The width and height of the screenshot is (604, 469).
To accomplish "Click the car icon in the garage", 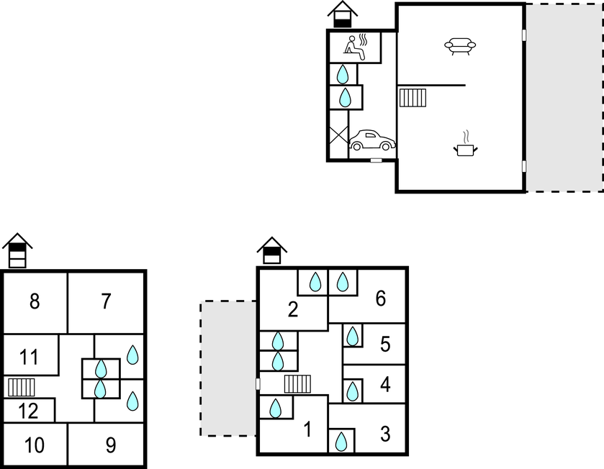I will [x=372, y=140].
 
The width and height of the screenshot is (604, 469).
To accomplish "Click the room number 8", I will [x=35, y=301].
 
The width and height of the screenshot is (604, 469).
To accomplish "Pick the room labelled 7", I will [x=106, y=301].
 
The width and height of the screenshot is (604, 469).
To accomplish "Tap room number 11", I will [x=29, y=356].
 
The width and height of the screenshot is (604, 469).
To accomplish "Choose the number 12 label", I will [x=28, y=412].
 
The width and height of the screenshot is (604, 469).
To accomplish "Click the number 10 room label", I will [x=34, y=445].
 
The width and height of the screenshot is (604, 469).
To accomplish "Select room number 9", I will [x=110, y=445].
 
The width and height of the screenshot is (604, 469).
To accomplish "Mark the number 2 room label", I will [x=292, y=310].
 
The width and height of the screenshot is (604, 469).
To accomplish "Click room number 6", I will [x=381, y=298].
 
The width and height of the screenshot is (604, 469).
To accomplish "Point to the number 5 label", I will [x=385, y=345].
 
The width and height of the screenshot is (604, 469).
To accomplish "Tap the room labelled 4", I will [x=385, y=385].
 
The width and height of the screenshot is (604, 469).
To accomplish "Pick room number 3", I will [x=385, y=434].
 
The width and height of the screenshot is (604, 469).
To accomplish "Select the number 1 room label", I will [x=307, y=430].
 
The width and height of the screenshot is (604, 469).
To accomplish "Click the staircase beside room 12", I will [x=22, y=387].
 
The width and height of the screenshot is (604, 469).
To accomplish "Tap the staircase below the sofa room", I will [x=413, y=97].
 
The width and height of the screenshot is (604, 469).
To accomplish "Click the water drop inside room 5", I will [x=353, y=335].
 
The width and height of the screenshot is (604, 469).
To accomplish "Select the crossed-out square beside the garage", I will [x=338, y=134].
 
